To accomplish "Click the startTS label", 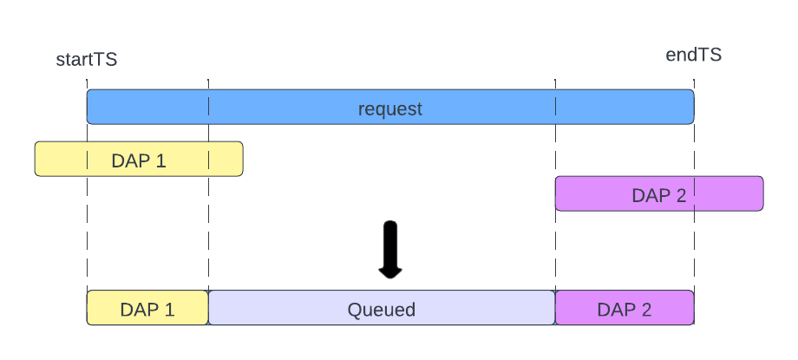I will point(86,60).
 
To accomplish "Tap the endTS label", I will point(693,56).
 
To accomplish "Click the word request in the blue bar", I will point(390,108).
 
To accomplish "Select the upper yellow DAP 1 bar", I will point(139,160).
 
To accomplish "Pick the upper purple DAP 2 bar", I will point(659,193).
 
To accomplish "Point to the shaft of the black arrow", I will point(390,243).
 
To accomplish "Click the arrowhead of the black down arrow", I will point(390,272).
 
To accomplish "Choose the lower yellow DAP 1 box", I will point(147,308).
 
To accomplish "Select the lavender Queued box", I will point(382,308).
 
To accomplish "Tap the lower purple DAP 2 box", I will point(625,308).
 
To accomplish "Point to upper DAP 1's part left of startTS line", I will point(61,160).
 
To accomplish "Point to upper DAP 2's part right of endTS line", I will point(729,193).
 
